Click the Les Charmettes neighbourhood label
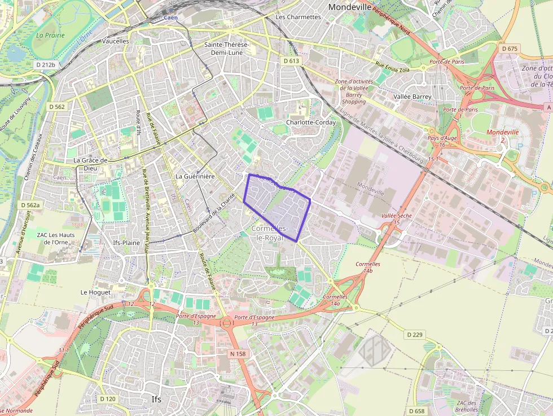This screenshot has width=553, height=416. coord(298,17)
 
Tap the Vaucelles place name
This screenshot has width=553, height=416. coord(116,41)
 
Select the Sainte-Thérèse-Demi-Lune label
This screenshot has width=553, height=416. coord(227,49)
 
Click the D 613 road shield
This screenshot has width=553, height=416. coord(291,60)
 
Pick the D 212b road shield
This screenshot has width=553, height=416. coord(45,65)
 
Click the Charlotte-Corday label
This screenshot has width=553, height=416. coord(311,122)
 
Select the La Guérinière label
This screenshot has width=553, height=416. coord(195,177)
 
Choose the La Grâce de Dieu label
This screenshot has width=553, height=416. coord(90,164)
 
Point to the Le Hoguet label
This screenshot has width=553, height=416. coord(96,292)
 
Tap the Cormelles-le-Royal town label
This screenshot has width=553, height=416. coord(270,233)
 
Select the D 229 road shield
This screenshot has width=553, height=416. coord(414,335)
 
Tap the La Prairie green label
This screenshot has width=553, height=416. coord(50,35)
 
